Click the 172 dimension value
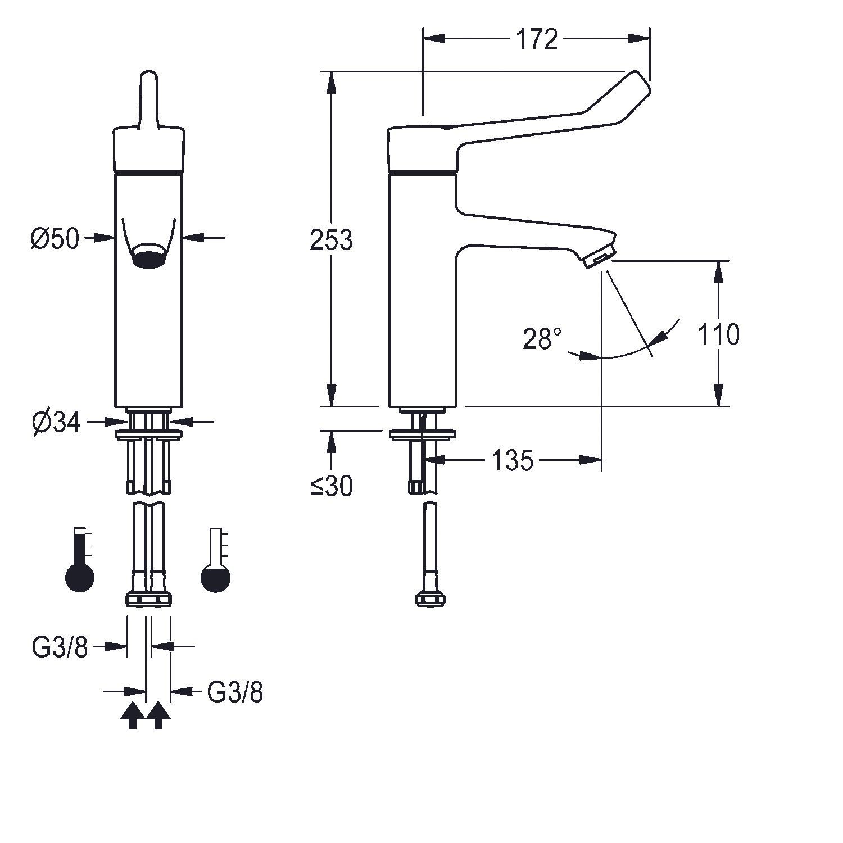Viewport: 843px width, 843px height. coord(536,39)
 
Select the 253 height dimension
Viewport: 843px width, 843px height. coord(331,240)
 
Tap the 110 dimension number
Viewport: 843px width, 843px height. coord(718,334)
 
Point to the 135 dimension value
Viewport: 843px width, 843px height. coord(512,461)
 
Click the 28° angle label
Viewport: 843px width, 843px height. coord(542,339)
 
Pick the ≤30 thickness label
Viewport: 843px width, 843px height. coord(332,486)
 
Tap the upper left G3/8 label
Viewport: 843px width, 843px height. coord(60,647)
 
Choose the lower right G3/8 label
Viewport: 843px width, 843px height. coord(235,692)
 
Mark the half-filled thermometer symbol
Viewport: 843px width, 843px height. coord(216,559)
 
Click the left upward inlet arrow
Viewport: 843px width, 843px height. coord(133,715)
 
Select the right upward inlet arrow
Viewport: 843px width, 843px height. coord(158,715)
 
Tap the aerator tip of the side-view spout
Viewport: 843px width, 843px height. coord(600,257)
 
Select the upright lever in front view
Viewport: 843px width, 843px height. coord(149,100)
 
